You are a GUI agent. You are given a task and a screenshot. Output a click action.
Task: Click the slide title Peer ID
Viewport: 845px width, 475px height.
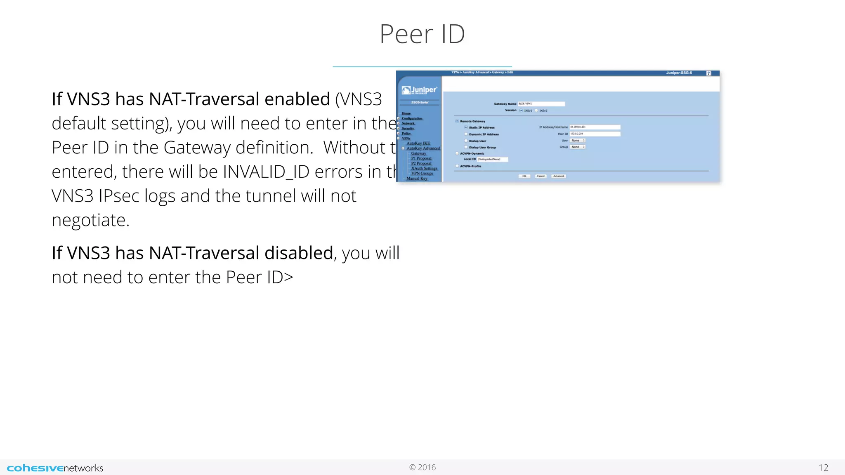[x=422, y=34]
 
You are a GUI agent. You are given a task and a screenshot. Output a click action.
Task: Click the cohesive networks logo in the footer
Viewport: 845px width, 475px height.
[x=55, y=468]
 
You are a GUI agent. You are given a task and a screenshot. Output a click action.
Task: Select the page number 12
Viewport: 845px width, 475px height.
[x=823, y=468]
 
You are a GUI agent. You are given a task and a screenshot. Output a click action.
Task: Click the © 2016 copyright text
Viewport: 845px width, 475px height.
[x=422, y=467]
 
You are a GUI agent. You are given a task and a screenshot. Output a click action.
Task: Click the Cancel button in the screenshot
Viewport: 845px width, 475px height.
[x=541, y=176]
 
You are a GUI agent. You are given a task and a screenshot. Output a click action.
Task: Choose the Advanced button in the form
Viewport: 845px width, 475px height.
[x=559, y=176]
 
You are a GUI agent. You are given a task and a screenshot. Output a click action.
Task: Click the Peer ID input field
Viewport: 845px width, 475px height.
[x=595, y=134]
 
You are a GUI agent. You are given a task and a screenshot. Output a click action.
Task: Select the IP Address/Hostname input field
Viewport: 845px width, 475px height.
[x=595, y=127]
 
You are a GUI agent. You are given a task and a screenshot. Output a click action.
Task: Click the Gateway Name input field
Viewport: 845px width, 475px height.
[x=541, y=104]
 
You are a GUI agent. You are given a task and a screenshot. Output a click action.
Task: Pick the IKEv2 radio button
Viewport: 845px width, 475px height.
[x=537, y=111]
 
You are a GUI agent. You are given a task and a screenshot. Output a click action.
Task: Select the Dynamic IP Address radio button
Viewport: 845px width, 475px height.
[x=466, y=134]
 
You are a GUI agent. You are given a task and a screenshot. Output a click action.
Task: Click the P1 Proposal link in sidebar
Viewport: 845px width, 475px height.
[x=421, y=158]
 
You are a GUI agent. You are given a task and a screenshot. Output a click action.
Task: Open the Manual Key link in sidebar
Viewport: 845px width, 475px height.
[x=417, y=179]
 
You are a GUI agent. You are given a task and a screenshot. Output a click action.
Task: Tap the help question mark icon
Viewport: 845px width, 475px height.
[x=708, y=73]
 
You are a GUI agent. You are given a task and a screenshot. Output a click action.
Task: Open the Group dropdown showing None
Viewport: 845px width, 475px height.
[x=578, y=147]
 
